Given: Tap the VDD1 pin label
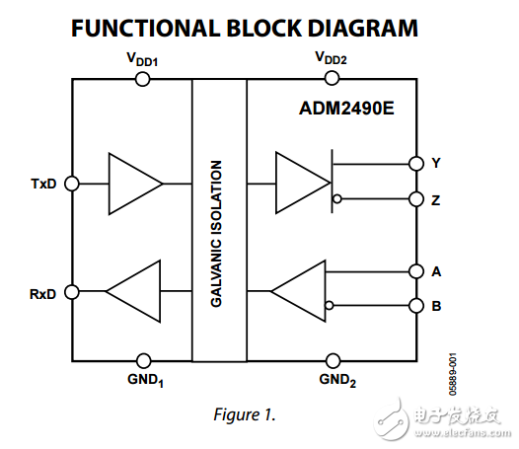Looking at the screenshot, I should coord(142,60).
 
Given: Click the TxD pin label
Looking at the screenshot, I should coord(43,185).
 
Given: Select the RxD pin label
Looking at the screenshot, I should coord(43,292).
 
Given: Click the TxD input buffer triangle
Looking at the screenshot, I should coord(132,184).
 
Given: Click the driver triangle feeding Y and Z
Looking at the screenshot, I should coord(300,184).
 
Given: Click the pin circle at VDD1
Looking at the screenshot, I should coord(142,79).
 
